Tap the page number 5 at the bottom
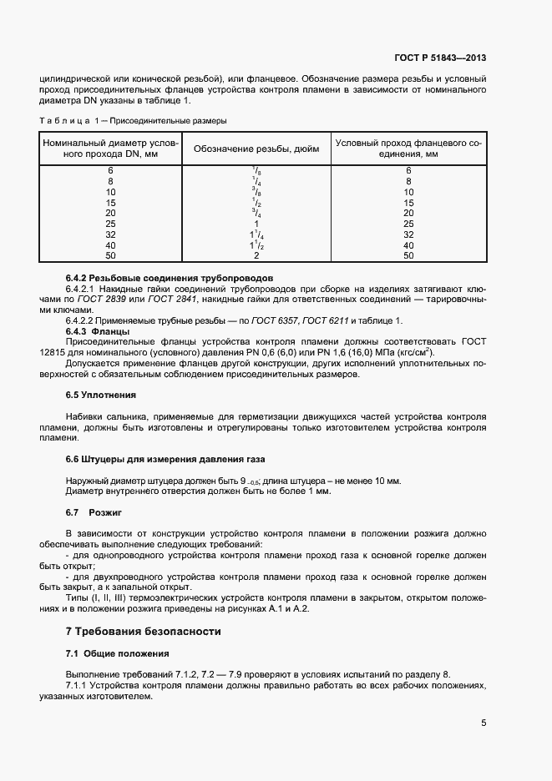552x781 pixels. [484, 723]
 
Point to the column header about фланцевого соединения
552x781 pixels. [408, 149]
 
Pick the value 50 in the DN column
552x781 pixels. [110, 256]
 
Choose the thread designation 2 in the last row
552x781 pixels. [256, 256]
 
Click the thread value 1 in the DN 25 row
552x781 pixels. [256, 224]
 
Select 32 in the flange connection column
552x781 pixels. [408, 234]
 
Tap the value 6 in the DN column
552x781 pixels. [110, 170]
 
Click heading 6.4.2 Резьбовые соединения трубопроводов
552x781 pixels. [170, 277]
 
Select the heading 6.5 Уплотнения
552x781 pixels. [100, 394]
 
